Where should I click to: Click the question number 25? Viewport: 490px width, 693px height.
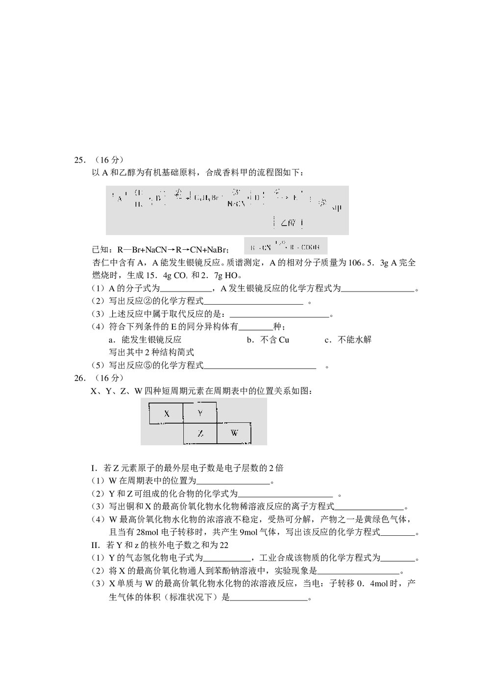click(79, 160)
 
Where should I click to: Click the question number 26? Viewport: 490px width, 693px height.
click(79, 378)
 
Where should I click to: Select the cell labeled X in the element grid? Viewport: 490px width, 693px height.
click(167, 413)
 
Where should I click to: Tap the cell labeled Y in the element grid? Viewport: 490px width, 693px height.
click(200, 413)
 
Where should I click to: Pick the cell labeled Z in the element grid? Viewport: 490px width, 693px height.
click(200, 433)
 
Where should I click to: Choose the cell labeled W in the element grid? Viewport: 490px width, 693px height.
click(234, 433)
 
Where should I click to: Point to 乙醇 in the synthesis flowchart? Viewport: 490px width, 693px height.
click(288, 223)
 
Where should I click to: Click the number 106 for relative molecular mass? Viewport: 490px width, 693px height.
click(354, 263)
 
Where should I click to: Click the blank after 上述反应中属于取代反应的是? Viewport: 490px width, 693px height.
click(279, 316)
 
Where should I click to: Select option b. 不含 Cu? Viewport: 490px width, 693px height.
click(268, 339)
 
